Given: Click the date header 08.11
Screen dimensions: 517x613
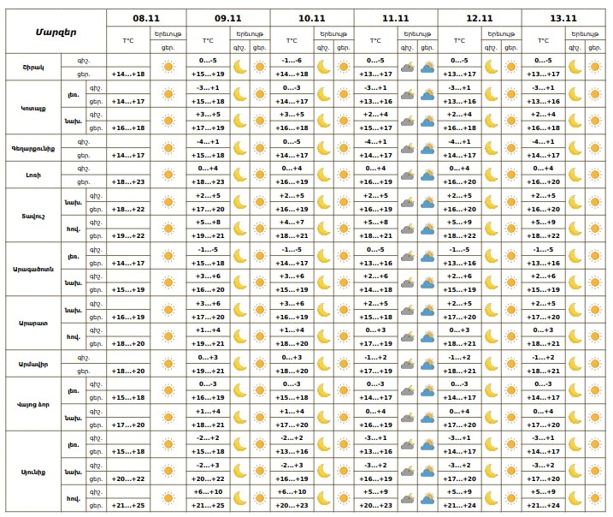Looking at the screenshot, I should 146,17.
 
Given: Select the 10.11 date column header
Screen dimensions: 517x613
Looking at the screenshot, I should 312,17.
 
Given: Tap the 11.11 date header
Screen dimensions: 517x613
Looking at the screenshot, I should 396,17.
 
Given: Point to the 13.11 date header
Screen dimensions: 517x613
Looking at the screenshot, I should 563,17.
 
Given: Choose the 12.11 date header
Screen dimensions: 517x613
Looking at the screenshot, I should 480,17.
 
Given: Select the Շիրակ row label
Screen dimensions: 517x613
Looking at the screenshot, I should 32,67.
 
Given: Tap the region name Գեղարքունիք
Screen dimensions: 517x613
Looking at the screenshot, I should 32,148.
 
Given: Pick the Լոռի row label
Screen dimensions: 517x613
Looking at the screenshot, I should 32,175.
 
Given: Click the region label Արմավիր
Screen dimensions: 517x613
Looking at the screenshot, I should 32,365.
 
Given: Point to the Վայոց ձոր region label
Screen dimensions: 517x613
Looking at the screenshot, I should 32,405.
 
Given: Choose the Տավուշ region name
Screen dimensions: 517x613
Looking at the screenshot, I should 32,216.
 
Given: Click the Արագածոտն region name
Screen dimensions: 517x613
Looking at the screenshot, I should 32,270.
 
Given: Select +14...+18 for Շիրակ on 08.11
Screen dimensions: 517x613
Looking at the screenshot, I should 128,74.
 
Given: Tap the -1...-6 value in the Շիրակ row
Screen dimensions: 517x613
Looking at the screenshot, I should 292,61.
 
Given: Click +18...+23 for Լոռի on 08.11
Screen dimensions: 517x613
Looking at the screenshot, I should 128,182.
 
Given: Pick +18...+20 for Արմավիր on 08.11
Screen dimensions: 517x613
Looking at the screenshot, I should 128,371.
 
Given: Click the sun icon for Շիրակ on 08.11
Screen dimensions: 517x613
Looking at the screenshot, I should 168,67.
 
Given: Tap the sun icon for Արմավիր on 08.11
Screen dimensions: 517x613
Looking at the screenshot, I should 168,365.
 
